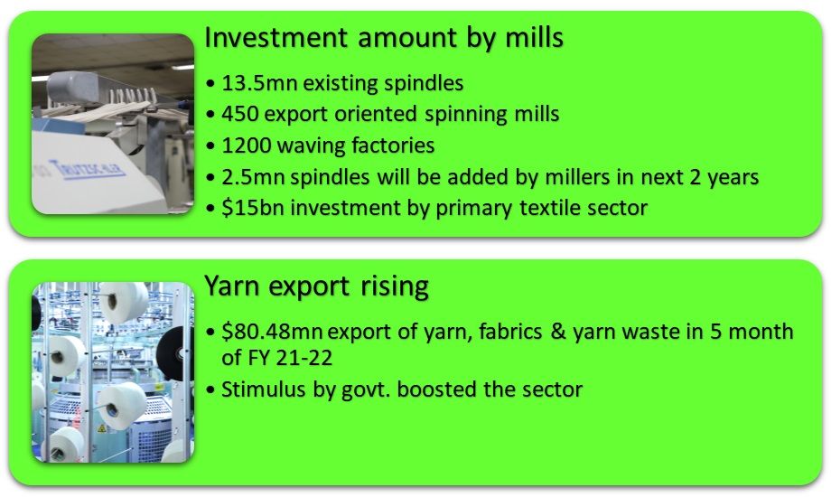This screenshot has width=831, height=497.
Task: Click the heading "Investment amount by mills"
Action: pos(385,39)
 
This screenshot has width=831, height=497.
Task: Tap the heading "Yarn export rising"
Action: pos(316,286)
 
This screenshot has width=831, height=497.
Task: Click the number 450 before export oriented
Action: pos(238,115)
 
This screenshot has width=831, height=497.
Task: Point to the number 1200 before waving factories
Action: pos(244,145)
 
